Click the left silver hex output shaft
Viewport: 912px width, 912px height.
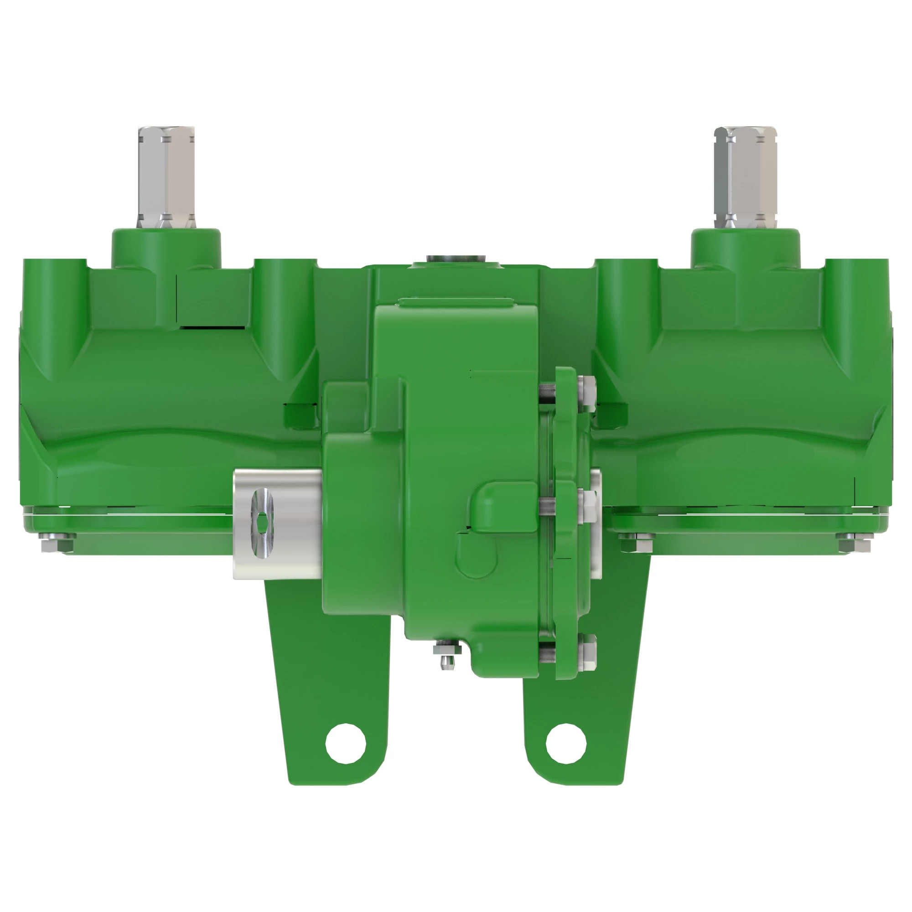coord(166,177)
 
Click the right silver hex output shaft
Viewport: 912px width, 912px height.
coord(745,177)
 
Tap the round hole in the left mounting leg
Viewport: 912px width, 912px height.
coord(346,743)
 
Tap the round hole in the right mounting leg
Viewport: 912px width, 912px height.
coord(566,743)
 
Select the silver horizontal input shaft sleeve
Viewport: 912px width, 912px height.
coord(279,524)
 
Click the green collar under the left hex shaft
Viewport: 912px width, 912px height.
coord(166,248)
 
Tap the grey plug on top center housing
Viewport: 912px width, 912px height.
coord(456,259)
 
